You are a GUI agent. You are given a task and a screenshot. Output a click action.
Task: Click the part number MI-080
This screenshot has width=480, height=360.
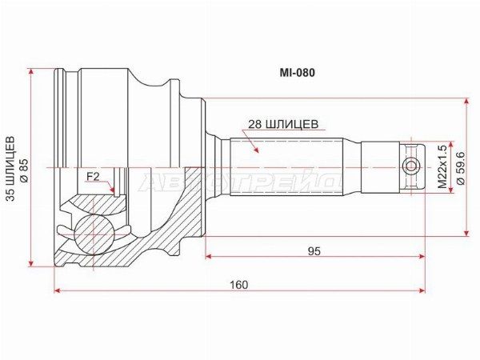297,73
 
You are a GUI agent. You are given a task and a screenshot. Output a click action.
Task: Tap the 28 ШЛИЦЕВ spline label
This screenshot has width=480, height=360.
283,124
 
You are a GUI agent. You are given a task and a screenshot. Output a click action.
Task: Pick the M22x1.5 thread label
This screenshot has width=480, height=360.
442,167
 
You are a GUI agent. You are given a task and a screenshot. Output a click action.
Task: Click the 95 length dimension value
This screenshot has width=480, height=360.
314,251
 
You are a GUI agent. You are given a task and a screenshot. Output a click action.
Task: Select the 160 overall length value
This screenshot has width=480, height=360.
239,285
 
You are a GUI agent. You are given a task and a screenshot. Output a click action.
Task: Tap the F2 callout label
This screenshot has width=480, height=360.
93,176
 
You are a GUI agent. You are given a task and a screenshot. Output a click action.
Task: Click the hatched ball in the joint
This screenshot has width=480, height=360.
94,234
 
